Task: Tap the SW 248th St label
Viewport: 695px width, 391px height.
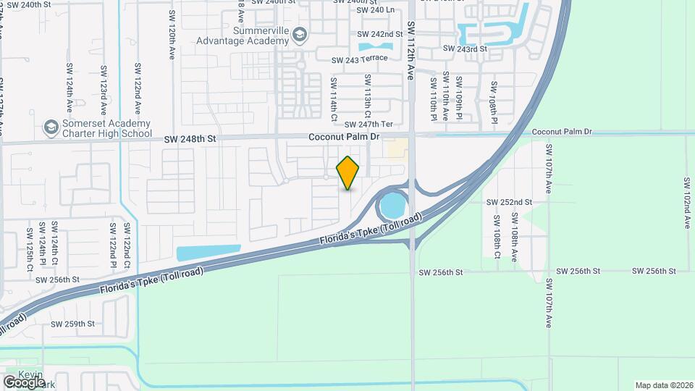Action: [190, 138]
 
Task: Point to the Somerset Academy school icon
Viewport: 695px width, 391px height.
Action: [51, 128]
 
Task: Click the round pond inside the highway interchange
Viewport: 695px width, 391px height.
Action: [392, 206]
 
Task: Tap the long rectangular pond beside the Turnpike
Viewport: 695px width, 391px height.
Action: [208, 253]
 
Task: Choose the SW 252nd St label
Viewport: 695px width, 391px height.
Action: [509, 202]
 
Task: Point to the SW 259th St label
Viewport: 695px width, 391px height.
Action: [72, 324]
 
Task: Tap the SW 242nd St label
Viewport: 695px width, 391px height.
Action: [380, 34]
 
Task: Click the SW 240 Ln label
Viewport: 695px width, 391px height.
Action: [376, 10]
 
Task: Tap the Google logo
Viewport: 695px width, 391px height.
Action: [25, 381]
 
